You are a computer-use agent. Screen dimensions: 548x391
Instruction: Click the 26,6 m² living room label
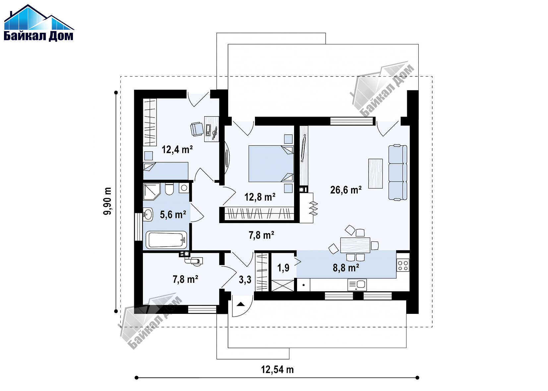tap(346, 190)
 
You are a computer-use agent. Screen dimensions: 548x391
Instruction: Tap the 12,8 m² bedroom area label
tap(260, 197)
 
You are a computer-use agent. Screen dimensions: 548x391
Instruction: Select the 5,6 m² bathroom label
tap(173, 215)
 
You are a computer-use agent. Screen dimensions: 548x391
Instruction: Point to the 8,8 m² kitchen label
tap(346, 268)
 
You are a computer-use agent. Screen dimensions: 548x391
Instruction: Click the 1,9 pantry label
tap(283, 268)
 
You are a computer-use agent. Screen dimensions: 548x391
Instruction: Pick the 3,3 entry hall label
tap(245, 279)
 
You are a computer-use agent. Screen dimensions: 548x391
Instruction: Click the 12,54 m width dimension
tap(277, 370)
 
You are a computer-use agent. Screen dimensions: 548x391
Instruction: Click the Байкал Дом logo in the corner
tap(39, 23)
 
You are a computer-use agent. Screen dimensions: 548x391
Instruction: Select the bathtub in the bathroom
tap(166, 240)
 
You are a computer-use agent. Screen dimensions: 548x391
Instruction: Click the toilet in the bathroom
tap(169, 189)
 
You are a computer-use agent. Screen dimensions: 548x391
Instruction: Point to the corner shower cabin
tap(152, 192)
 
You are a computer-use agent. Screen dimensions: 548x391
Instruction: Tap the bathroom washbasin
tap(148, 215)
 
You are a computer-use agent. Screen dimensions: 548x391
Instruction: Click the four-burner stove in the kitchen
tap(403, 266)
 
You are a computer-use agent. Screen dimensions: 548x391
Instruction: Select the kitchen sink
tap(357, 285)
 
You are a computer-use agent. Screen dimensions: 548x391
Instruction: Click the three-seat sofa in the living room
tap(398, 172)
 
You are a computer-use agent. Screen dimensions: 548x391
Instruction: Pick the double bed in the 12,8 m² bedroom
tap(271, 164)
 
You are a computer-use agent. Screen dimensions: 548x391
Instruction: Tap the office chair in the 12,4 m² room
tap(197, 129)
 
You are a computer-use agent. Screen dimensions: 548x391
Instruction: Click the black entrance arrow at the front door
tap(241, 304)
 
